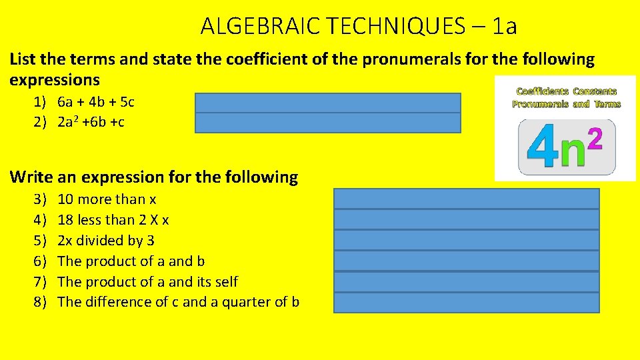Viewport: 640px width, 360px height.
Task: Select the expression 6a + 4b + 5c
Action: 95,102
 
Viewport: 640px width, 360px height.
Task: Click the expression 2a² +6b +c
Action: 91,122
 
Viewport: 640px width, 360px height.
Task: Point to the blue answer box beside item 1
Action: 327,103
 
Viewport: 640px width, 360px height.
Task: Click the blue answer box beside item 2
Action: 327,123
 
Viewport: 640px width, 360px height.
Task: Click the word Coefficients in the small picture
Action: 541,91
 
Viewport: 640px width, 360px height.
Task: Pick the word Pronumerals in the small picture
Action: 541,104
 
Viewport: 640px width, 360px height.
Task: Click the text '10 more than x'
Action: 107,199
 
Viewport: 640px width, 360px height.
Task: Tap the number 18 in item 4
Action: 67,219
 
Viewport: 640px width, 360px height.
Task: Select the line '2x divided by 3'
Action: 106,240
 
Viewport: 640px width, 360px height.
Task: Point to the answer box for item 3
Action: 466,199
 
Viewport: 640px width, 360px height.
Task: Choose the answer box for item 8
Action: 466,302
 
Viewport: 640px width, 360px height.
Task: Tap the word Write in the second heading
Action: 31,177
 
